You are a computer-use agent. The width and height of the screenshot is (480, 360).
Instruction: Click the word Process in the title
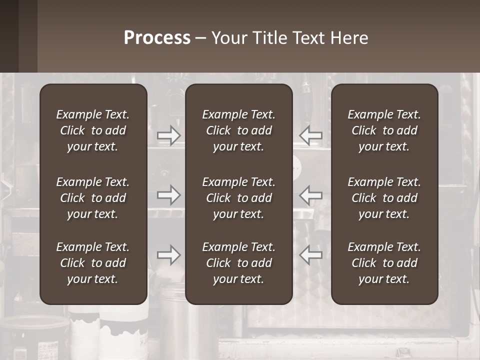[x=157, y=38]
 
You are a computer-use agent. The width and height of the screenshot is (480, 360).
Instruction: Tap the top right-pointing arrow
[x=169, y=135]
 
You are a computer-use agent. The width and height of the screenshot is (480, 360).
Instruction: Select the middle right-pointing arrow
[x=169, y=195]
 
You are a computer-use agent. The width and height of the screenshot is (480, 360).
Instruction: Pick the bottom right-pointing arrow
[x=169, y=255]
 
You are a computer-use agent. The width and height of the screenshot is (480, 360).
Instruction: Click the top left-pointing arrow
[x=311, y=135]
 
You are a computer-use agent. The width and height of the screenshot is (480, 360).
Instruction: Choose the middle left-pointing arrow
[x=311, y=195]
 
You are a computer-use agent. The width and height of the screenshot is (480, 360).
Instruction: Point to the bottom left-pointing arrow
[x=311, y=255]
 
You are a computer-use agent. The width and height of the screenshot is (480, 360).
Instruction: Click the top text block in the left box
[x=93, y=130]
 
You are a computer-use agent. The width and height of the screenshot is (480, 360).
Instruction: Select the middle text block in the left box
[x=93, y=198]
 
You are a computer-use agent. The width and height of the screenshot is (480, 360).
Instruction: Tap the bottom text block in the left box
[x=93, y=263]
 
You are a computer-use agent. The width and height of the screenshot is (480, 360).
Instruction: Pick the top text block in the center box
[x=239, y=130]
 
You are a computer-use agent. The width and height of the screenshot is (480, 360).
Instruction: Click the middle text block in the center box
[x=239, y=198]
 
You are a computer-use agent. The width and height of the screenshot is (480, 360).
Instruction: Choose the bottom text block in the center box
[x=239, y=263]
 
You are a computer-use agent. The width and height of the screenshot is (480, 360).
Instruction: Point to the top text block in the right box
[x=384, y=130]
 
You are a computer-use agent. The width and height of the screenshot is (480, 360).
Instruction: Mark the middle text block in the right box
[x=384, y=198]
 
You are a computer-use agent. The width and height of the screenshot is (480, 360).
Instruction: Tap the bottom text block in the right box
[x=384, y=263]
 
